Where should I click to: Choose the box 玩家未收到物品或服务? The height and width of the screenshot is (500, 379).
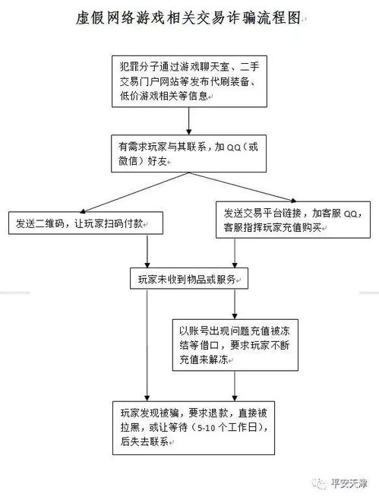click(188, 279)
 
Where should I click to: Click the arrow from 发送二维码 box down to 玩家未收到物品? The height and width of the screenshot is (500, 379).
click(147, 252)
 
